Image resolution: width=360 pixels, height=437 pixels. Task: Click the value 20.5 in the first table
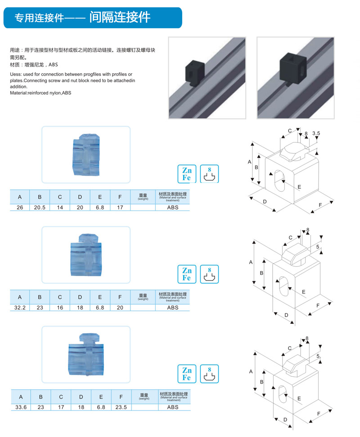tap(40, 207)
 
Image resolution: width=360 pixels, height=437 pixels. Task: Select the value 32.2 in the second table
tap(20, 308)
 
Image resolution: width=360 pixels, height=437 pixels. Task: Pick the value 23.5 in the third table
tap(120, 407)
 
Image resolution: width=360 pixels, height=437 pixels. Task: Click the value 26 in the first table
tap(20, 207)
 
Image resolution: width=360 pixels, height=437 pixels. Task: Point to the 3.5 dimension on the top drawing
tap(315, 134)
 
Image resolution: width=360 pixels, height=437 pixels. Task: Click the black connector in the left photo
tap(195, 73)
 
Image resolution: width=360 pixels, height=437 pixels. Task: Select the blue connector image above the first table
tap(85, 155)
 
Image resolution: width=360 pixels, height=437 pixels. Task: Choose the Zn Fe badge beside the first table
tap(186, 174)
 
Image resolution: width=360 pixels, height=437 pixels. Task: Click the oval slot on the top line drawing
tap(275, 181)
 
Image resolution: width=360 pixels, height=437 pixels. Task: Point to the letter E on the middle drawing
tap(304, 292)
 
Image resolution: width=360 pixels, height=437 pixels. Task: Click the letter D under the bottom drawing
tap(285, 419)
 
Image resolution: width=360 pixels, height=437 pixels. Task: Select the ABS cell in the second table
tap(173, 308)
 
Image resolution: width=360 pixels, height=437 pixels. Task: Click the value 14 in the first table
tap(60, 207)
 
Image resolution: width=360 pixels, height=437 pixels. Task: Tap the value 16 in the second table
tap(60, 308)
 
